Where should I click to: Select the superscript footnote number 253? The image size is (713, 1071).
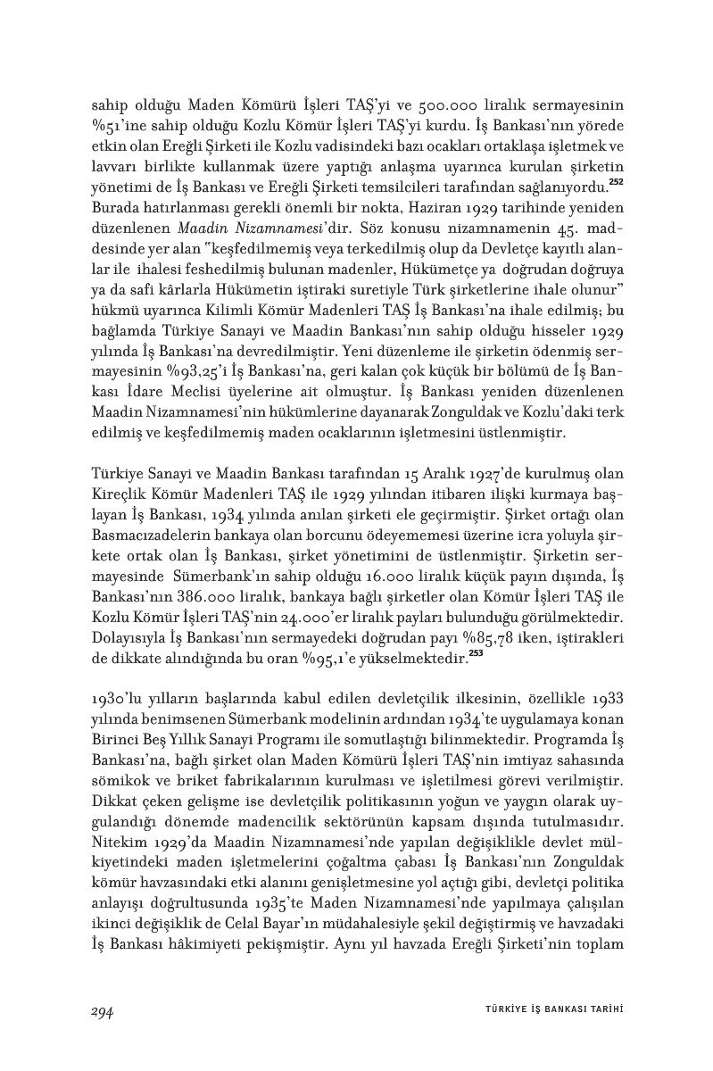[x=476, y=656]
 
